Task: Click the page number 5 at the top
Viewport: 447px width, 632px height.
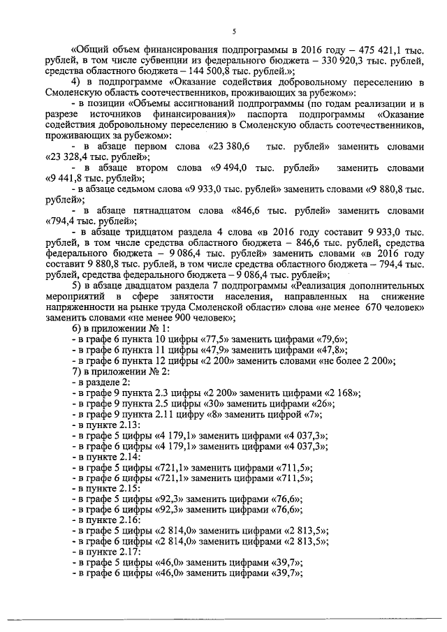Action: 234,31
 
